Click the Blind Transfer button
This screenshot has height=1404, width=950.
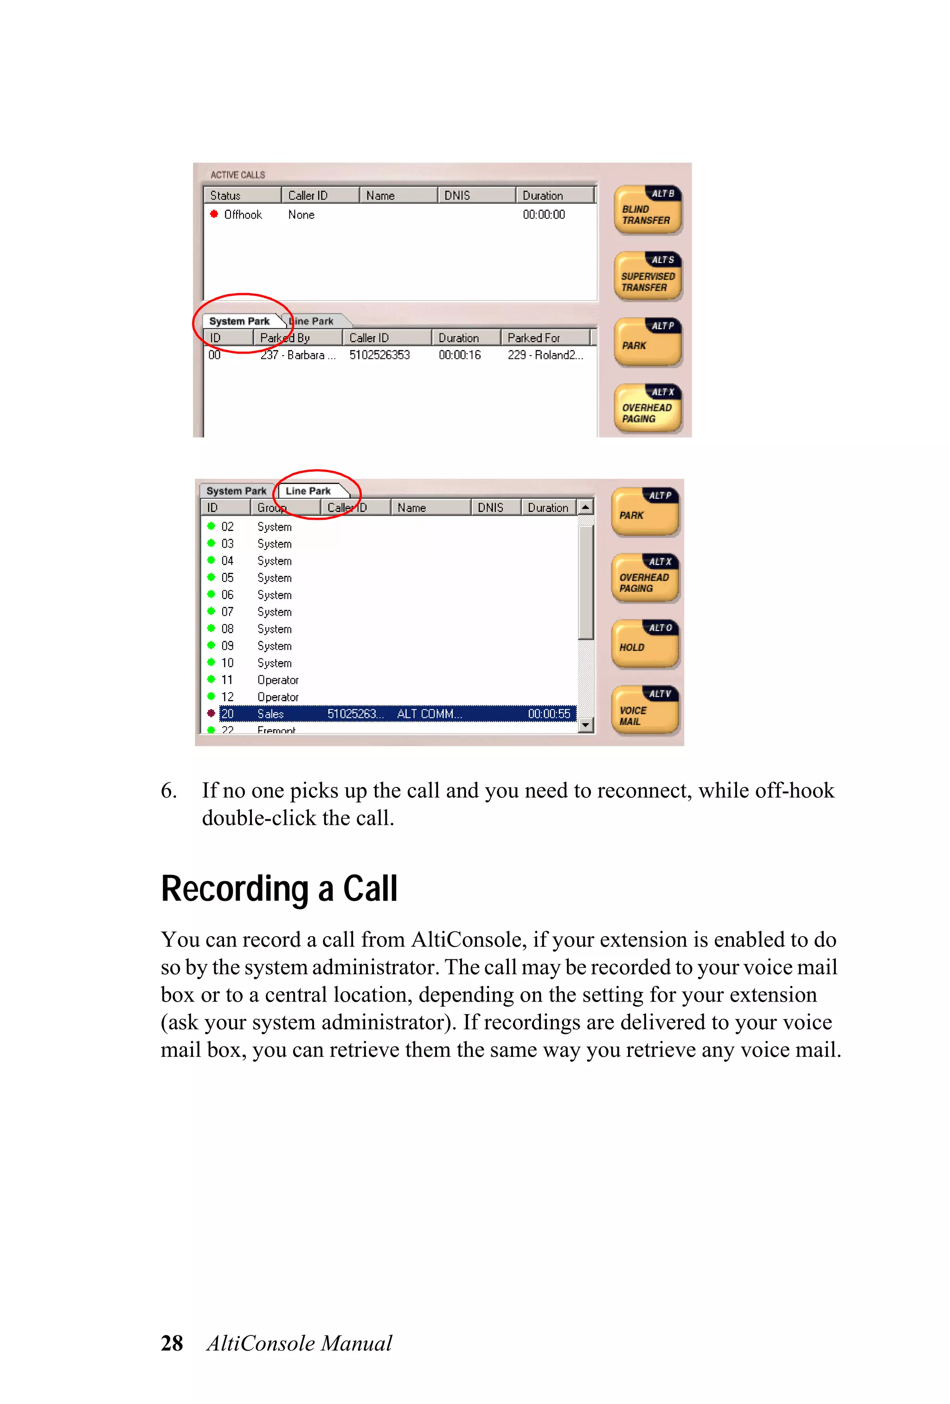pyautogui.click(x=647, y=210)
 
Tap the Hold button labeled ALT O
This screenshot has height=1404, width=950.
pyautogui.click(x=645, y=644)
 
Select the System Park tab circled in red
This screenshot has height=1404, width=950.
pyautogui.click(x=239, y=321)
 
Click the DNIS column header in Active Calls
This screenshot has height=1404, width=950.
pyautogui.click(x=457, y=195)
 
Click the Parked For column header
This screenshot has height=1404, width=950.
pyautogui.click(x=533, y=338)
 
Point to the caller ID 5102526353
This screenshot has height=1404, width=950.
pyautogui.click(x=379, y=355)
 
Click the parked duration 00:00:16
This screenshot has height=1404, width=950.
pyautogui.click(x=459, y=355)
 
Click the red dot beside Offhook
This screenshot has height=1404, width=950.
pyautogui.click(x=214, y=214)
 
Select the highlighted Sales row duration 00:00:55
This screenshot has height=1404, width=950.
pyautogui.click(x=549, y=714)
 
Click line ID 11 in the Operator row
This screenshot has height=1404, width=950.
pyautogui.click(x=227, y=680)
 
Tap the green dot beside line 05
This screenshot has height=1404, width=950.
pyautogui.click(x=211, y=577)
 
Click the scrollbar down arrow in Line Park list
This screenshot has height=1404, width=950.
pyautogui.click(x=585, y=724)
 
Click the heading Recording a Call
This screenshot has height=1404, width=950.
pyautogui.click(x=279, y=889)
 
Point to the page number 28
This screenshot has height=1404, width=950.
pyautogui.click(x=172, y=1343)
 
